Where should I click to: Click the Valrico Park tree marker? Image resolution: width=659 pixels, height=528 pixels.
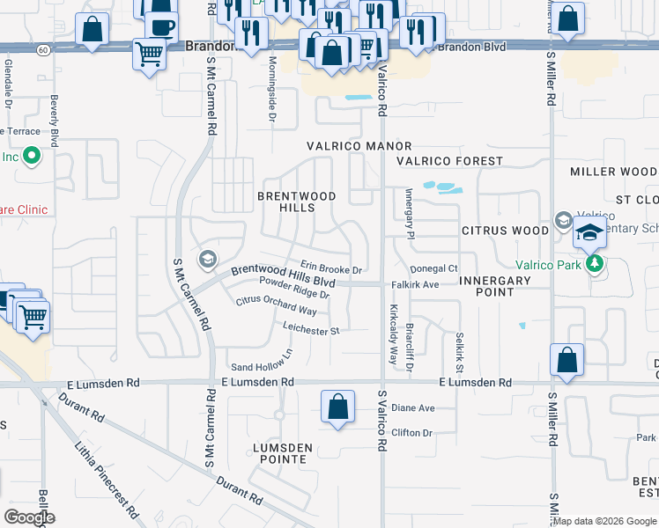(596, 262)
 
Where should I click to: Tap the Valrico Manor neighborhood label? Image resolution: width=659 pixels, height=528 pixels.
(359, 146)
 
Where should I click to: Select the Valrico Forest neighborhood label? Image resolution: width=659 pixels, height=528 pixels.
(449, 161)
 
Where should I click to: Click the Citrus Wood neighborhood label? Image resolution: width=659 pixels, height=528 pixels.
(506, 231)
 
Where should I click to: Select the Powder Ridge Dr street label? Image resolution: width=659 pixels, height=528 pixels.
(294, 288)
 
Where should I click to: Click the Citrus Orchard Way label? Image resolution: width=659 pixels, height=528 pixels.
(276, 306)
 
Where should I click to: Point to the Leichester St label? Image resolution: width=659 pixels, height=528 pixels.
(311, 331)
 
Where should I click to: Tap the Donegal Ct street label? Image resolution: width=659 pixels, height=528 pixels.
(434, 268)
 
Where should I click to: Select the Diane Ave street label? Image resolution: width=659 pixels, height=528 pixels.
(413, 408)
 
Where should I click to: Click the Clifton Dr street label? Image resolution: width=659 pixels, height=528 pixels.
(411, 433)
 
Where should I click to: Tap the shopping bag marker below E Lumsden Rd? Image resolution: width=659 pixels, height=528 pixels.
(337, 407)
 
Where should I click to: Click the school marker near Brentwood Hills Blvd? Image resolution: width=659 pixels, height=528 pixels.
(208, 258)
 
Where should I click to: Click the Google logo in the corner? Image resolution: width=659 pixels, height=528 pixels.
(28, 517)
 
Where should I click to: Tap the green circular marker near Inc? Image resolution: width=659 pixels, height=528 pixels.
(32, 158)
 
